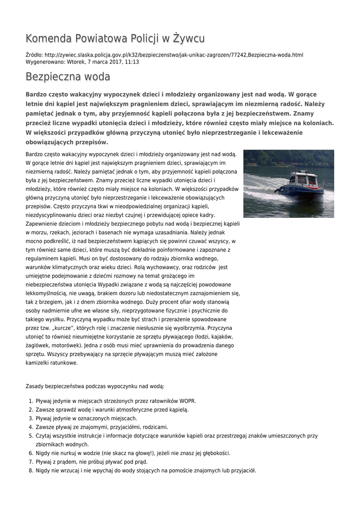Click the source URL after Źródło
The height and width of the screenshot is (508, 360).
pos(174,55)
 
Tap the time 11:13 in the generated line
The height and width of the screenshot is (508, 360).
pos(132,62)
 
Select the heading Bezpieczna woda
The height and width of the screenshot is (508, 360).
pos(68,77)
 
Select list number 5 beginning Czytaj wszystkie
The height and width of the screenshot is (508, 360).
pos(30,436)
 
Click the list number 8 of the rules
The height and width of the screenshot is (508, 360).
pos(30,471)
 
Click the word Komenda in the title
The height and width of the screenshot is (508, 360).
pos(48,39)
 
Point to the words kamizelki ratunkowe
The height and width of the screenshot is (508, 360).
pos(52,363)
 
